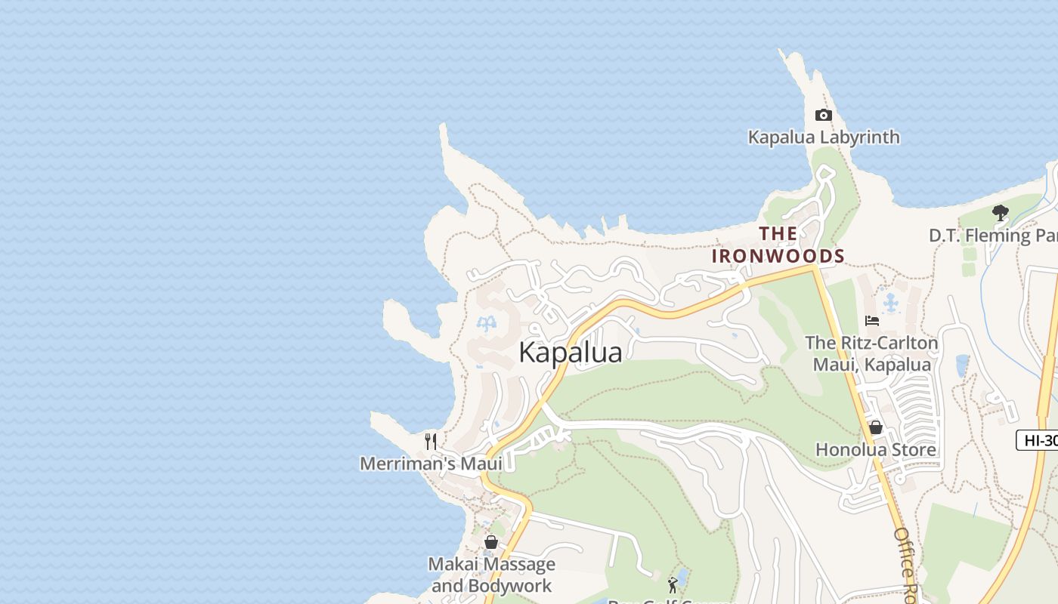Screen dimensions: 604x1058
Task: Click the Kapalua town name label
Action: [x=571, y=353]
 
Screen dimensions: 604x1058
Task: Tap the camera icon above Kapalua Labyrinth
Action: [x=824, y=116]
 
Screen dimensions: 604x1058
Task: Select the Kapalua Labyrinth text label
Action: [x=824, y=137]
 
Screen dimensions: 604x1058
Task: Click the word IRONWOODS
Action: [x=778, y=256]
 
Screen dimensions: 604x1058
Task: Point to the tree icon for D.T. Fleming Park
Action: [x=1001, y=213]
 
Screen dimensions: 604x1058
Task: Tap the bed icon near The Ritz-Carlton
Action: [x=872, y=321]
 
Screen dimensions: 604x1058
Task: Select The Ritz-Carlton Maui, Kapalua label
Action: [x=871, y=353]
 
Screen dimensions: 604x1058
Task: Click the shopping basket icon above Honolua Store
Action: [x=876, y=428]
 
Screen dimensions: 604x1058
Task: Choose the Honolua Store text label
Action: [x=876, y=450]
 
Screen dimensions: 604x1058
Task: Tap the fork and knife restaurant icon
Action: [x=431, y=441]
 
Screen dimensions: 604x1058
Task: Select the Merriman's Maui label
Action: [x=431, y=464]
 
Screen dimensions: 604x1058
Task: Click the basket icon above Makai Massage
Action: [x=491, y=542]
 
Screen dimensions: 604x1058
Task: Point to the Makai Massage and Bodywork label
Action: [x=491, y=575]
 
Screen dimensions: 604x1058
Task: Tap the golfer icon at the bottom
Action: [x=673, y=584]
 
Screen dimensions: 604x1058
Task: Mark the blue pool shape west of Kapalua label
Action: [x=487, y=325]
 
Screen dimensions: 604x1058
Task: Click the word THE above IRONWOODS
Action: [x=778, y=233]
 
